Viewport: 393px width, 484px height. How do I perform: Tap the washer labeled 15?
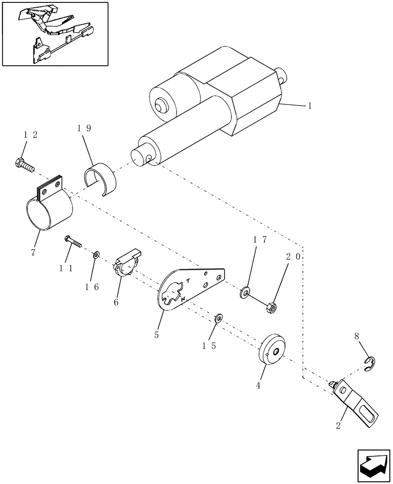point(218,318)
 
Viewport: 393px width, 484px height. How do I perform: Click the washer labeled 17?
point(246,292)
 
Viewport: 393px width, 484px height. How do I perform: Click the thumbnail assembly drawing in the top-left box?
point(55,33)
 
